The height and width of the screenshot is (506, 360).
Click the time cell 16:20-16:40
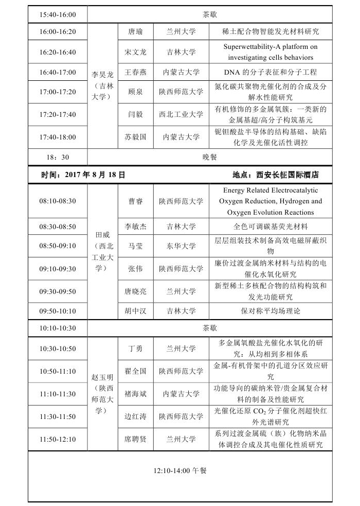[58, 52]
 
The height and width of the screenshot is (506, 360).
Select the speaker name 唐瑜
[136, 31]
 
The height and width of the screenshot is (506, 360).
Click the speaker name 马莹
[136, 246]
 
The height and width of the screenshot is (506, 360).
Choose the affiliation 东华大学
[181, 246]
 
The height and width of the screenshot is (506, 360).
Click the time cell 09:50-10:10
[58, 311]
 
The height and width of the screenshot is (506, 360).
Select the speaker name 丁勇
[136, 348]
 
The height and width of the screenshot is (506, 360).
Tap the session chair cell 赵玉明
[103, 394]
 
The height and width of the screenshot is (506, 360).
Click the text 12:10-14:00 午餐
[181, 470]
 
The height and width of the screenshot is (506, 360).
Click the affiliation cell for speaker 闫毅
[181, 114]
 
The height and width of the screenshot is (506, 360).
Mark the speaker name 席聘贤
[136, 439]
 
